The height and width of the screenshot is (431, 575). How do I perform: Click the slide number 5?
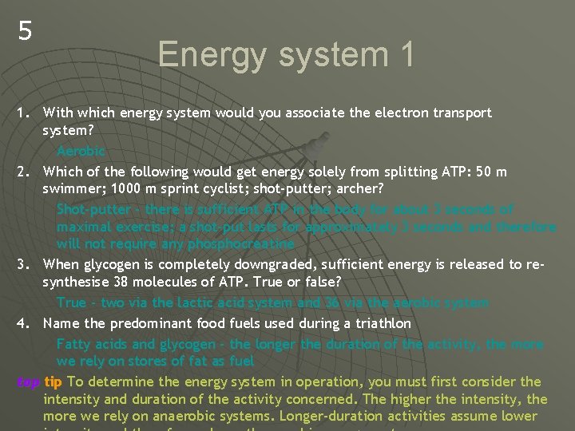tap(26, 32)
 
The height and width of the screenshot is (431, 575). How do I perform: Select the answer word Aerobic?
tap(81, 151)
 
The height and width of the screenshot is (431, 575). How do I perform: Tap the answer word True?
tap(71, 302)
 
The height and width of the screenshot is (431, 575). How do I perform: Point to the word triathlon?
tap(379, 323)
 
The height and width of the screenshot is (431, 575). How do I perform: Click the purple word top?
tap(28, 382)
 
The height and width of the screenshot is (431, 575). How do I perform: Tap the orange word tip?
tap(54, 382)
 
